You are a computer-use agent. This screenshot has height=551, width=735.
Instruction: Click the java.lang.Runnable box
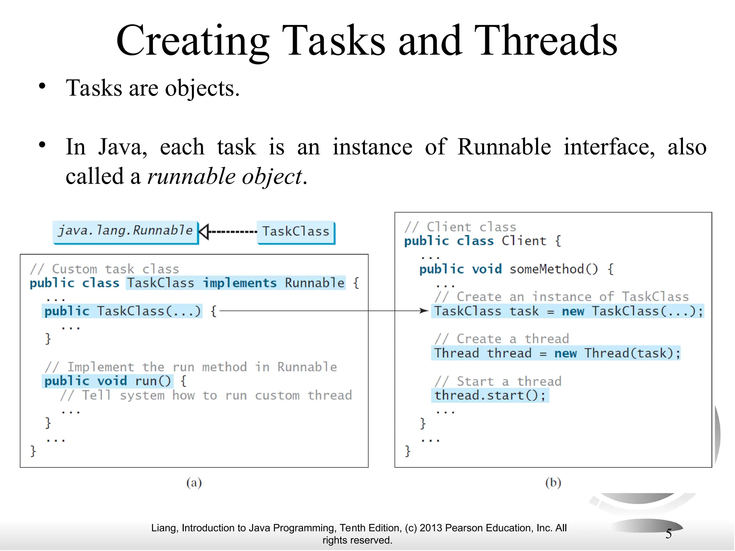pos(125,231)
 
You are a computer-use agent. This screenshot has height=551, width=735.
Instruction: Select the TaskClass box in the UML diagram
pos(296,232)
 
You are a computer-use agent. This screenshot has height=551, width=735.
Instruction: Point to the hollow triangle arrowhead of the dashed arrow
pos(203,231)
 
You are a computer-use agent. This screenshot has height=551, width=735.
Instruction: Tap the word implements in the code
pos(240,283)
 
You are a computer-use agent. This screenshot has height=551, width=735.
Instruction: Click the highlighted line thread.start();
pos(490,395)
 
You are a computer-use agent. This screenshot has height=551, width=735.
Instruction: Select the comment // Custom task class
pos(104,269)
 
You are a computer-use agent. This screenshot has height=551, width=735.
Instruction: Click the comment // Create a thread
pos(501,339)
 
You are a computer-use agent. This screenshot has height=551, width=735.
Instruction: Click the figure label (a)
pos(194,482)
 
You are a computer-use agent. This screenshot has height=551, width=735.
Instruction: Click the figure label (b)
pos(553,482)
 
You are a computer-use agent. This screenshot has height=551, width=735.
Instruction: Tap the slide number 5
pos(669,534)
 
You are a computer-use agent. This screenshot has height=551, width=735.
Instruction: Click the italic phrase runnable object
pos(225,176)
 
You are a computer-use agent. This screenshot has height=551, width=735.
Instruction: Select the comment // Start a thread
pos(498,381)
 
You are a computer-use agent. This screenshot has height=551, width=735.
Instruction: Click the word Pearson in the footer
pos(464,528)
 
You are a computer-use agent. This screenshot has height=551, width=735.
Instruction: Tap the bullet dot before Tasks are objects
pos(42,86)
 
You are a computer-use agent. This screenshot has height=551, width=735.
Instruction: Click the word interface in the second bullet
pos(609,147)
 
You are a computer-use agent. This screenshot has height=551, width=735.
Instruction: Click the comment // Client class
pos(460,227)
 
